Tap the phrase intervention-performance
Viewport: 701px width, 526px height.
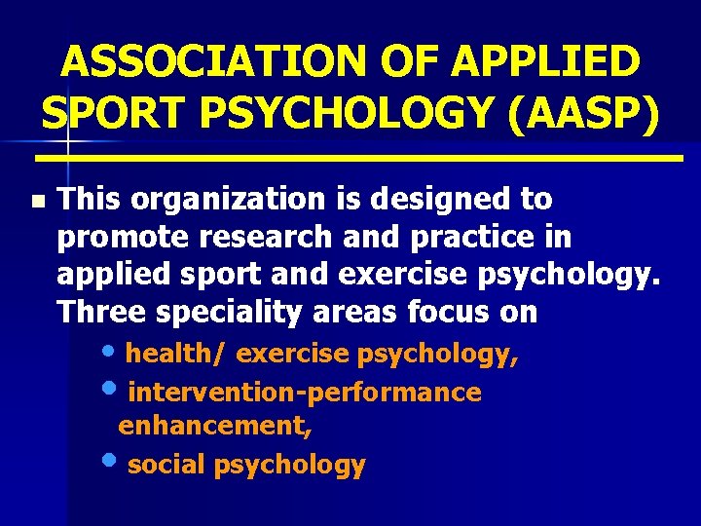(305, 392)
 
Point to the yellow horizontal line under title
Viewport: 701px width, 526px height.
(360, 156)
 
